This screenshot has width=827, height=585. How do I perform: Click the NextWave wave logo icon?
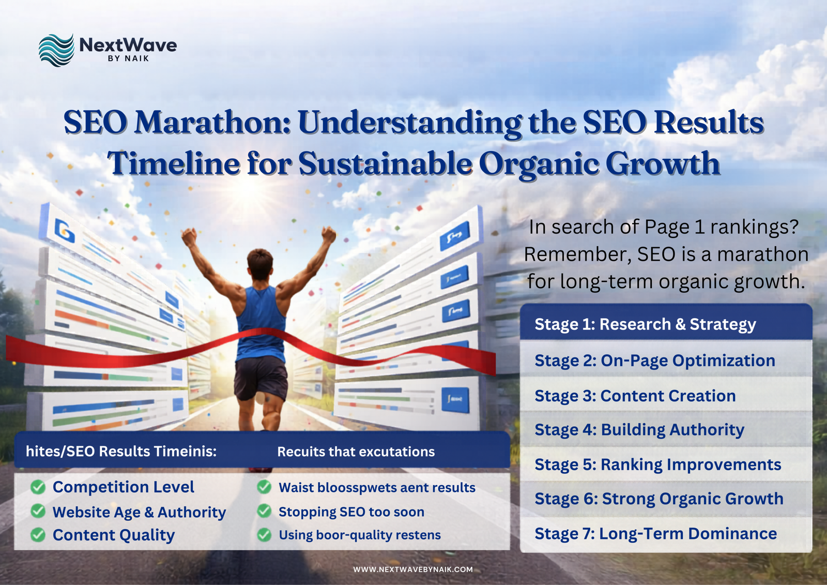click(56, 50)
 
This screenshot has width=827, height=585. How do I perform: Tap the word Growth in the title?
click(663, 164)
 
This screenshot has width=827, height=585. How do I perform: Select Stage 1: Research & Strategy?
click(645, 324)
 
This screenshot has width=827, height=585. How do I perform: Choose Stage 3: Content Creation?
click(635, 396)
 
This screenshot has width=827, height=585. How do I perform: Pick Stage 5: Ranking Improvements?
click(657, 464)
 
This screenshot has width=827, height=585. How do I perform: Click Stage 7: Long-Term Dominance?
click(655, 533)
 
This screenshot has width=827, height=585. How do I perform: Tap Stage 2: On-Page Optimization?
click(654, 361)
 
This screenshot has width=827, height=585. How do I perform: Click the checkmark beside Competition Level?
click(38, 487)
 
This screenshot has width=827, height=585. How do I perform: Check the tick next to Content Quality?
click(38, 534)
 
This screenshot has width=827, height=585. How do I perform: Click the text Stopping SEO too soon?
click(351, 512)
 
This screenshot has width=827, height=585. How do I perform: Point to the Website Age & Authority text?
click(139, 512)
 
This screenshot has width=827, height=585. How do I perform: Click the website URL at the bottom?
click(412, 569)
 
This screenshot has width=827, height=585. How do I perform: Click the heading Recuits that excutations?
click(356, 452)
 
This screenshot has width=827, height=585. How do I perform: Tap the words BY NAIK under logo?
click(128, 58)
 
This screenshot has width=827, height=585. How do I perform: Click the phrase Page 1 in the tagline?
click(672, 227)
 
